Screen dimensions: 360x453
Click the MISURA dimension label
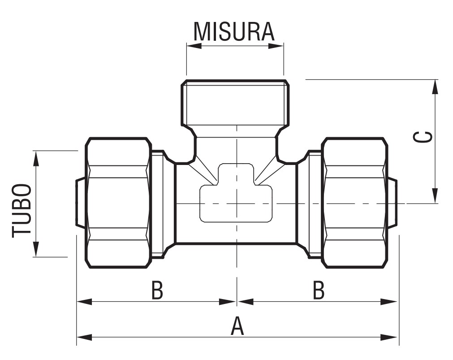coord(233,31)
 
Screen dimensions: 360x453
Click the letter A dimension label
coord(237,326)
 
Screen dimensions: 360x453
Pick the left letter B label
coord(157,291)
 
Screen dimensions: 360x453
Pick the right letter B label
coord(318,291)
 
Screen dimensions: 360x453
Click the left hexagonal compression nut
coord(118,203)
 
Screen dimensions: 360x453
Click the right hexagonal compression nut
coord(354,203)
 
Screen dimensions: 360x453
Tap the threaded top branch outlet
coord(235,103)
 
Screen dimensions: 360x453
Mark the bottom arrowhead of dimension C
coord(435,196)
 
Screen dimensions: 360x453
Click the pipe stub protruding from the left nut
coord(80,203)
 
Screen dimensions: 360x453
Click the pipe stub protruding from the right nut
coord(392,203)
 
